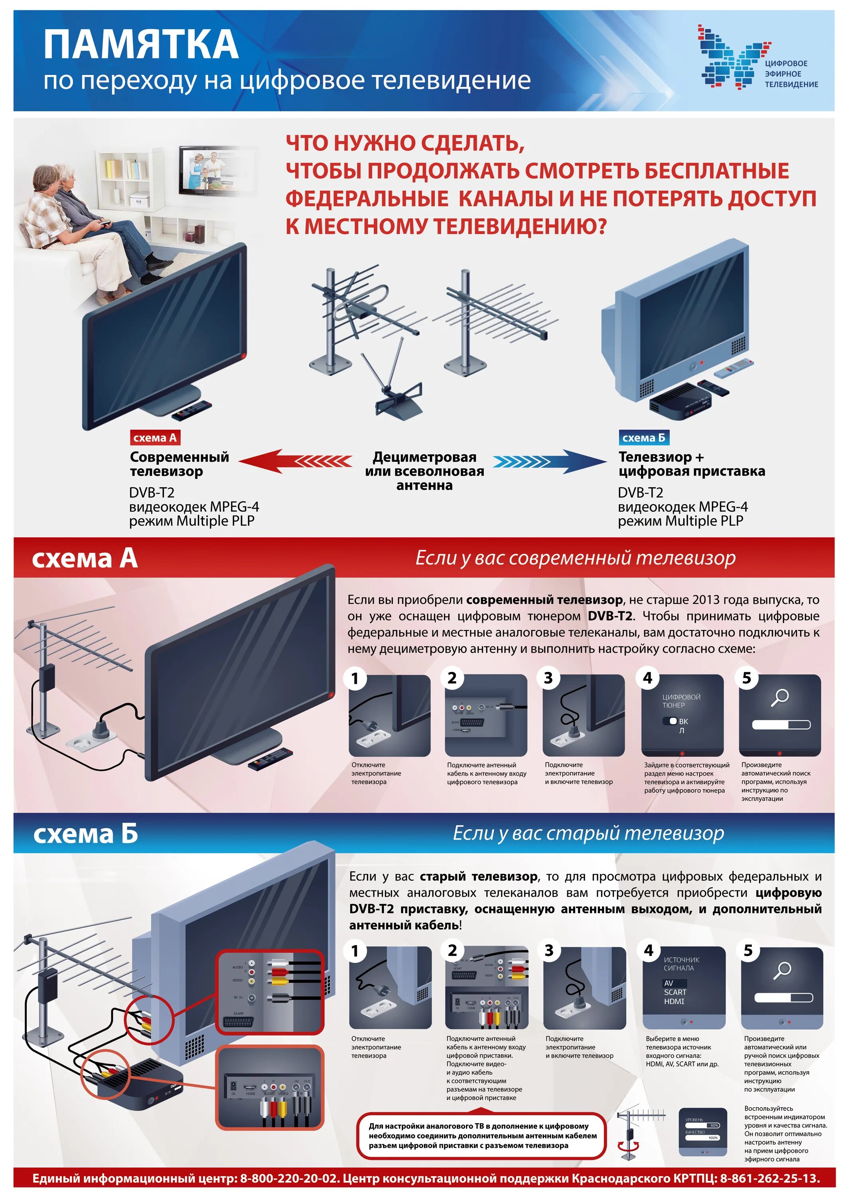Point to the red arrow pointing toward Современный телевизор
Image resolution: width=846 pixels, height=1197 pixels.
point(294,461)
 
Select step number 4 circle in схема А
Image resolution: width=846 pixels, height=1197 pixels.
point(647,678)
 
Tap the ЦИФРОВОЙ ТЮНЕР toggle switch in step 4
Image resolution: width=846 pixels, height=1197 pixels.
point(670,721)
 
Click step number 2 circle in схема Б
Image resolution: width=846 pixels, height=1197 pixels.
point(452,950)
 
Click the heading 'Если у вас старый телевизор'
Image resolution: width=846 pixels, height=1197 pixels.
point(588,833)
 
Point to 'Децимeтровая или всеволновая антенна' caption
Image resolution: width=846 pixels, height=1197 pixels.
point(424,471)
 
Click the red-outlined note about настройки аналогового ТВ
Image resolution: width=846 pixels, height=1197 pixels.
point(482,1135)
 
